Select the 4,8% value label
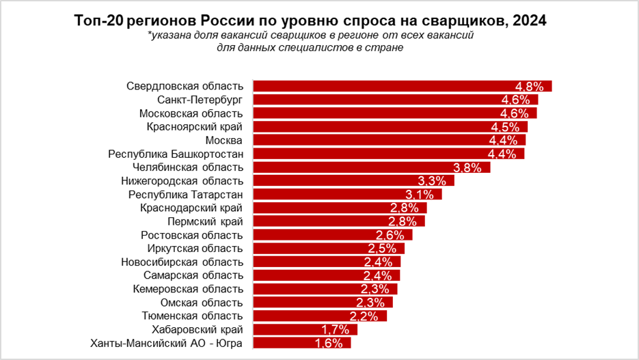tap(529, 87)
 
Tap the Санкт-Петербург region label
tap(195, 100)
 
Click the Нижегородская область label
tap(182, 180)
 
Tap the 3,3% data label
tap(431, 182)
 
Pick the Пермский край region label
tap(205, 221)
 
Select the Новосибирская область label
tap(182, 262)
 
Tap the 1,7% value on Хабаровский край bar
tap(335, 330)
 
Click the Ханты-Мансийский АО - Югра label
tap(166, 343)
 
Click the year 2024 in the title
tap(528, 21)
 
